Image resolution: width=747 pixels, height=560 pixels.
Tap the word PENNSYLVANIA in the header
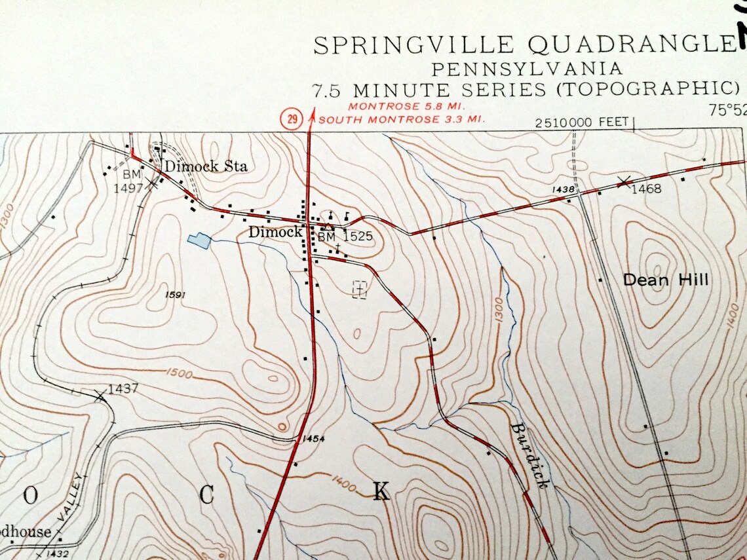527,68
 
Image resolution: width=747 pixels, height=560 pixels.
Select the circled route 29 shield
291,119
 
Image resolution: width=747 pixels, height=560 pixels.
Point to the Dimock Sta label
205,166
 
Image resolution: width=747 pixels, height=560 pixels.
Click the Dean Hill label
665,280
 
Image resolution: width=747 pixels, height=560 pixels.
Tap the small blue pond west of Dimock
199,241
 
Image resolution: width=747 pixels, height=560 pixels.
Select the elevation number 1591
176,295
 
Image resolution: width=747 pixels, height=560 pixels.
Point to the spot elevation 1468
646,189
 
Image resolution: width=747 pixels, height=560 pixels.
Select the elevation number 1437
123,388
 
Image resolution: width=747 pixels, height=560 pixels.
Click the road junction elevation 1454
314,438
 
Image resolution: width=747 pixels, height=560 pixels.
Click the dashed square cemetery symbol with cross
359,289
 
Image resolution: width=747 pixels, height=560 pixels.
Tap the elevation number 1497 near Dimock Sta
128,189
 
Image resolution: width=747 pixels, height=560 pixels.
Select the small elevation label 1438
563,189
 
